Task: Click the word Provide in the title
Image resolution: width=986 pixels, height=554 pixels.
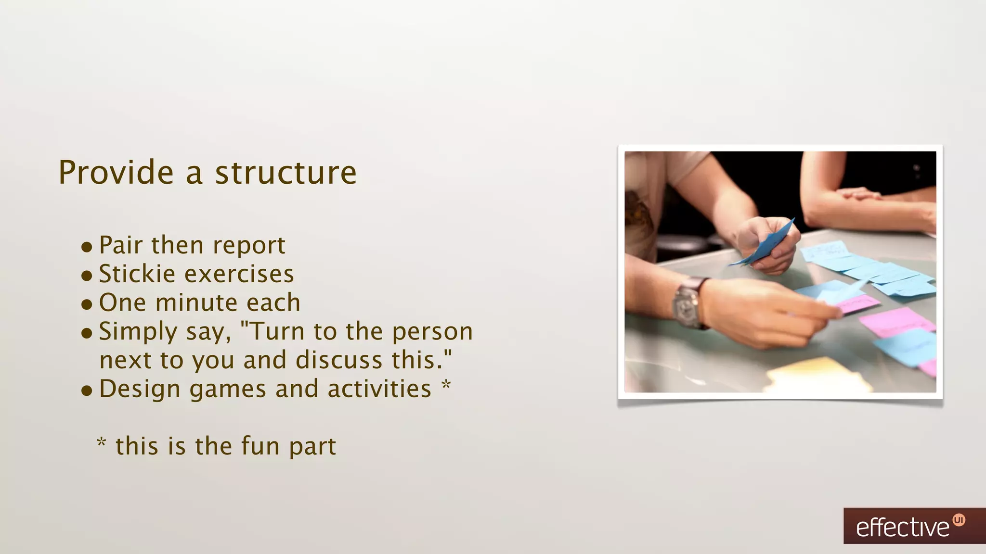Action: click(116, 173)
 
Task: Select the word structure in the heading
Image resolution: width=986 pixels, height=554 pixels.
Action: click(285, 173)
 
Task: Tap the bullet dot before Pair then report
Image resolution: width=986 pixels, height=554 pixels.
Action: click(87, 247)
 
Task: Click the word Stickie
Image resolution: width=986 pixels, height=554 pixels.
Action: click(137, 274)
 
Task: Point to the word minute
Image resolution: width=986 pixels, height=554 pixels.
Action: click(196, 303)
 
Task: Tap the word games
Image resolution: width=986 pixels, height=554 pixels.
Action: click(228, 389)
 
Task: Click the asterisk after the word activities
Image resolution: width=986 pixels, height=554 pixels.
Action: click(446, 386)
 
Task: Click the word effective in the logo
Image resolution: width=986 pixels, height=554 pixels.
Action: click(902, 528)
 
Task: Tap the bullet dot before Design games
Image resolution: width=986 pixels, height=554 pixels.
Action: click(87, 391)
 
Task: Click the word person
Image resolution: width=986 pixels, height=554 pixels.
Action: click(432, 331)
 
